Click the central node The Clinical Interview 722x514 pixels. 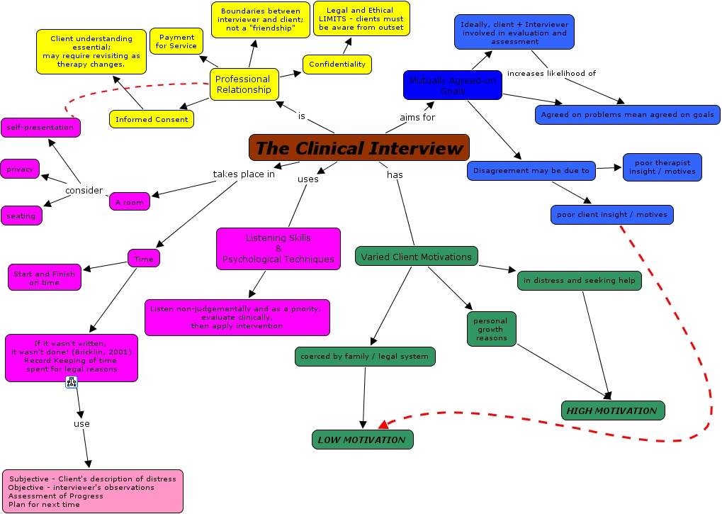pos(359,147)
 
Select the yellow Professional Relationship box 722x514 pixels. pos(244,84)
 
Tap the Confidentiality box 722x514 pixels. pos(337,64)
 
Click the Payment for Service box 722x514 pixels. pos(176,41)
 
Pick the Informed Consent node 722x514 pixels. pos(152,119)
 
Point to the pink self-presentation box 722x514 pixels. pos(40,128)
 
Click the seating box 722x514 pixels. pos(21,216)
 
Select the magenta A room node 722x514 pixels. pos(130,202)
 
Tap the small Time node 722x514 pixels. pos(144,259)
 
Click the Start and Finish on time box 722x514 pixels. pos(45,278)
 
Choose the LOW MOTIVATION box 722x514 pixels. pos(362,440)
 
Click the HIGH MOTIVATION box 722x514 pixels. pos(613,410)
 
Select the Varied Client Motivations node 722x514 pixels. pos(416,257)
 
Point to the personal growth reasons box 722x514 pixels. pos(491,329)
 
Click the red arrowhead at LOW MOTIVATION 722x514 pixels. pos(383,424)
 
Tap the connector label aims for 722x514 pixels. pos(417,117)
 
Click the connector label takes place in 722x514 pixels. pos(244,174)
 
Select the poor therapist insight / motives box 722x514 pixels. pos(662,167)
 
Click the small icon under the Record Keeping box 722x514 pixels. pos(71,383)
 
